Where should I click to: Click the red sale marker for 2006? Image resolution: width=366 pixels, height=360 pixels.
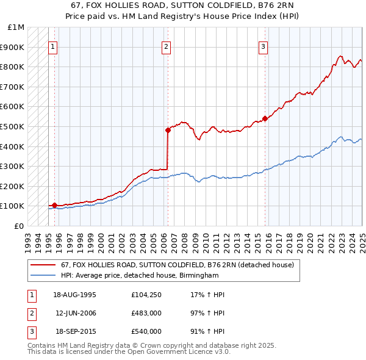point(168,130)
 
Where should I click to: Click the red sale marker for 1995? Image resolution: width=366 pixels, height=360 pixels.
point(54,205)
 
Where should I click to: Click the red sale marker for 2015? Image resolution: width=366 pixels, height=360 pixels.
point(265,118)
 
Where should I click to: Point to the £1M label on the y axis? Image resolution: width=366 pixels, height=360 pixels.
point(16,27)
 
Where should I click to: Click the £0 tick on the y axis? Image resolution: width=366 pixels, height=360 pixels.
point(20,226)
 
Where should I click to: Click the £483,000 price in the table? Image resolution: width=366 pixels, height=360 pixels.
point(146,313)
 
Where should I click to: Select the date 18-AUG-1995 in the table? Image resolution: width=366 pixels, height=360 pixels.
point(74,295)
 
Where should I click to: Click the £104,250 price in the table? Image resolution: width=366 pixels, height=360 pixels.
point(146,295)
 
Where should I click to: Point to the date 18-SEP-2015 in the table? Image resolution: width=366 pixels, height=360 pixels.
point(74,331)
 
